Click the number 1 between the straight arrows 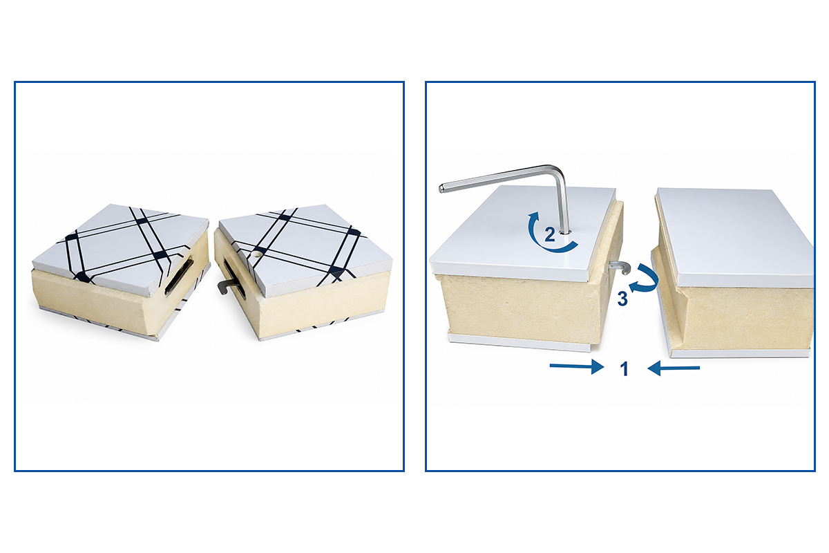[x=625, y=369]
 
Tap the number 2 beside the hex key [x=550, y=234]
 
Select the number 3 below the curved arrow [x=623, y=299]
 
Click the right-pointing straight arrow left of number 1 [x=577, y=366]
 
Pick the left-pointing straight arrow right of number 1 [x=674, y=368]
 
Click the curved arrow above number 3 [x=646, y=279]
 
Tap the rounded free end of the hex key [x=441, y=189]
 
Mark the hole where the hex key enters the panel [x=566, y=233]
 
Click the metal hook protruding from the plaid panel [x=225, y=286]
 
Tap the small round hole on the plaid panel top [x=258, y=255]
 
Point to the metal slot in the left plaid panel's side [x=179, y=276]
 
